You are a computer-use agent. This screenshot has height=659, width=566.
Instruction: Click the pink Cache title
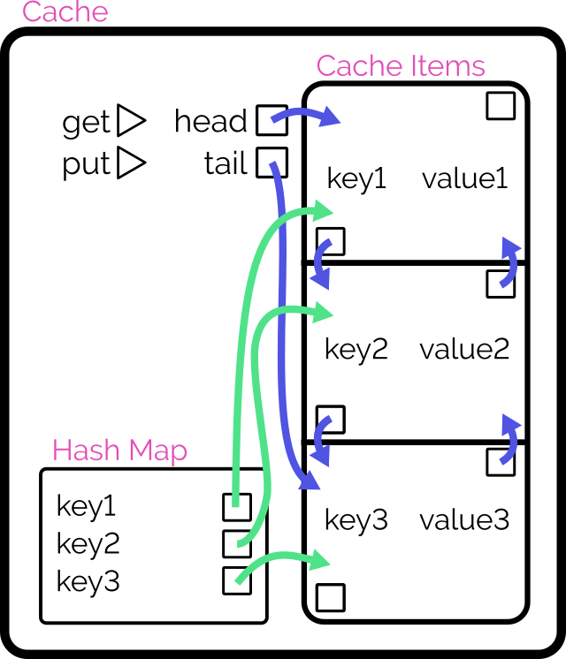coord(65,12)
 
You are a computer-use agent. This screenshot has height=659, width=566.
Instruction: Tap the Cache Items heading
coord(401,66)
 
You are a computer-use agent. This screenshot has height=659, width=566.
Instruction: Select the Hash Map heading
coord(119,451)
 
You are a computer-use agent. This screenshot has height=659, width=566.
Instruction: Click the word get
coord(86,123)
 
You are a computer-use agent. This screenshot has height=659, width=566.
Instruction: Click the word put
coord(86,165)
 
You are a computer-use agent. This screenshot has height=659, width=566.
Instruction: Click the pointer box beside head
coord(272,119)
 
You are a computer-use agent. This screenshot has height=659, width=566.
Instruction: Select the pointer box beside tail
coord(272,163)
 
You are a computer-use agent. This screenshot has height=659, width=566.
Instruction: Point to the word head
coord(210,121)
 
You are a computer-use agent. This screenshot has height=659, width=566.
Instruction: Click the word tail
coord(225,164)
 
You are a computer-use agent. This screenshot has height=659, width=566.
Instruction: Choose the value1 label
coord(465,179)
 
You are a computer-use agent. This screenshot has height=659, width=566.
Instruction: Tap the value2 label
coord(464,350)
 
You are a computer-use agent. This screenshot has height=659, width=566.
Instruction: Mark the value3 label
coord(464,520)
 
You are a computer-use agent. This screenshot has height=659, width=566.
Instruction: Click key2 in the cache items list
coord(356,350)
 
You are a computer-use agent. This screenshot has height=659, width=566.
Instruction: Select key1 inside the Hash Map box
coord(86,506)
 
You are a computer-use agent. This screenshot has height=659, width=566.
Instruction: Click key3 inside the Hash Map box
coord(88,582)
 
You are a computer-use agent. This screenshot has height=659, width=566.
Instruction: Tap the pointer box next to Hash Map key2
coord(237,543)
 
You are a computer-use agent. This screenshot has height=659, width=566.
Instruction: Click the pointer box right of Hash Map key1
coord(236,507)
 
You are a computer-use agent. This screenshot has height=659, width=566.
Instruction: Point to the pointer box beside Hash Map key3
coord(237,580)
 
